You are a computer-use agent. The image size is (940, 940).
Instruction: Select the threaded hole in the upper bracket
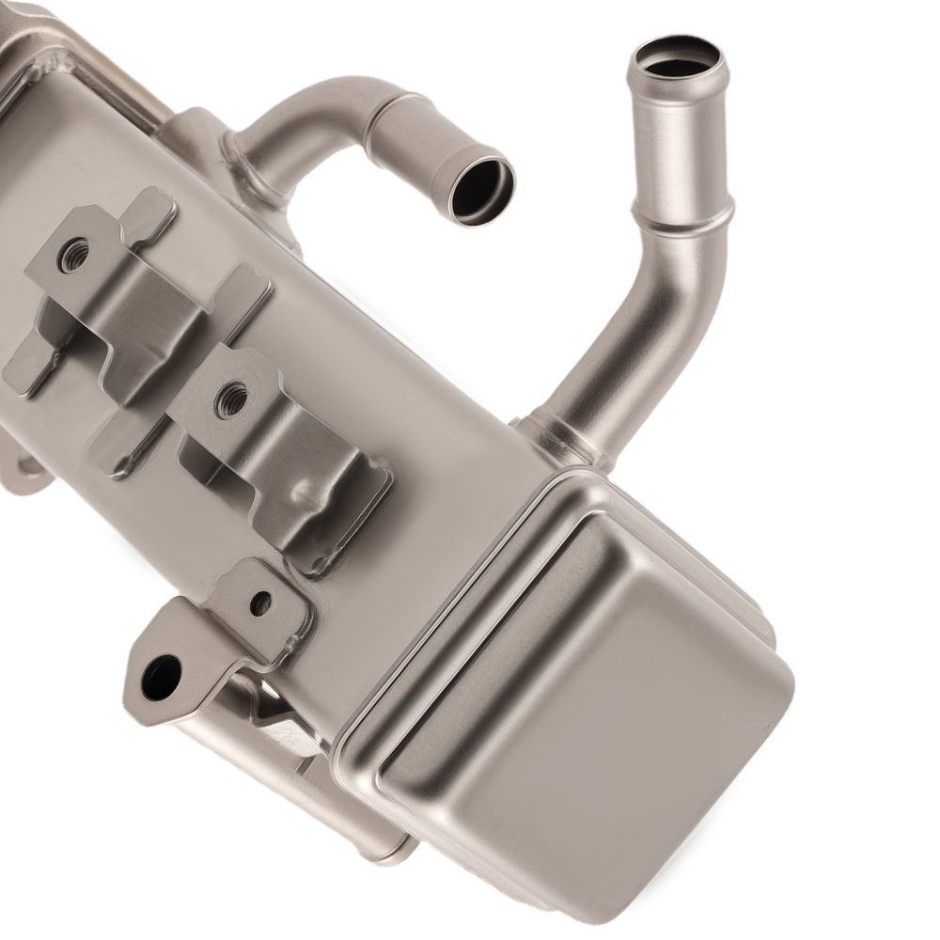[x=72, y=254]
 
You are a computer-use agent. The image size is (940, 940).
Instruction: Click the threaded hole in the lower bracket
[x=230, y=399]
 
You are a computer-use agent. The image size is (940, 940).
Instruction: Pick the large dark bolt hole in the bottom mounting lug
[x=162, y=676]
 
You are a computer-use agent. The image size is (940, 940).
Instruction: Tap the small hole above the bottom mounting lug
[x=260, y=603]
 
